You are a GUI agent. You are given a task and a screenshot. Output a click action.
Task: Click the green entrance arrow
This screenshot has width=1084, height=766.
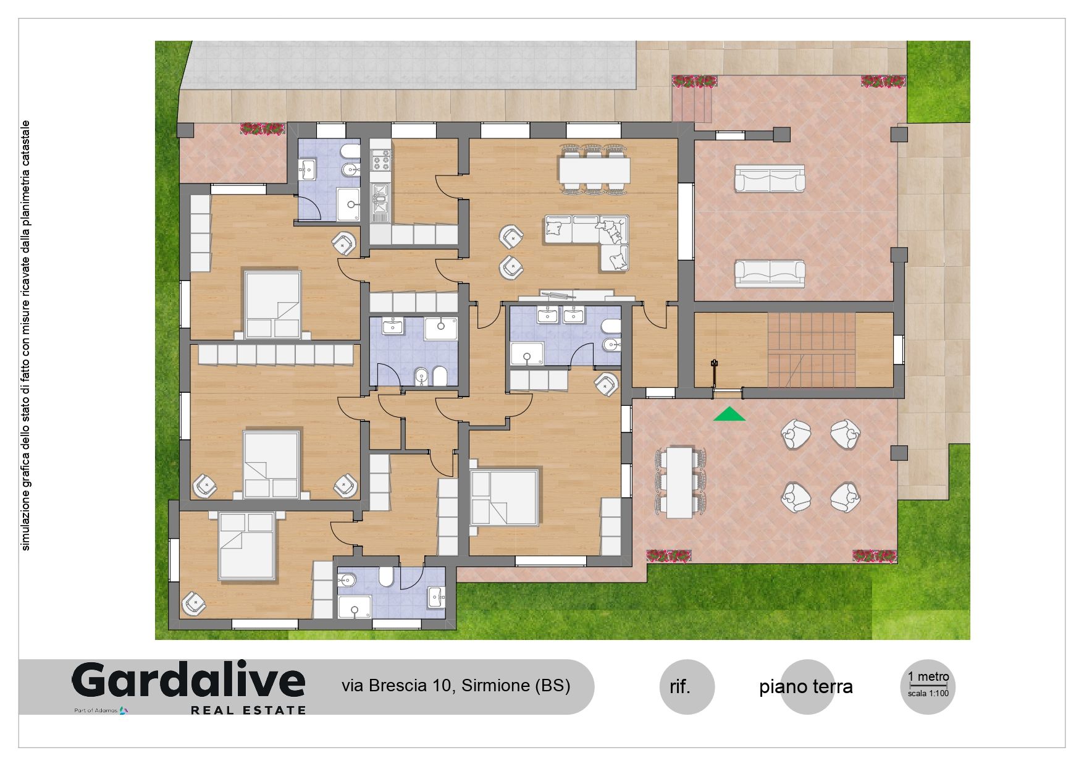tap(729, 415)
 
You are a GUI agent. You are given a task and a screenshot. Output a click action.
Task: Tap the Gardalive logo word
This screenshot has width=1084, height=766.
tap(189, 681)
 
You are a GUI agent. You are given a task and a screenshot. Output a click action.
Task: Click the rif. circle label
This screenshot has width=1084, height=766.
tap(680, 687)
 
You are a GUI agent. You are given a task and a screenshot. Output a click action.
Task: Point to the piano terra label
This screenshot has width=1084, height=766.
tap(806, 686)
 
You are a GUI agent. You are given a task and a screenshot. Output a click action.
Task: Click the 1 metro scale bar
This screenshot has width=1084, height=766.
tap(928, 684)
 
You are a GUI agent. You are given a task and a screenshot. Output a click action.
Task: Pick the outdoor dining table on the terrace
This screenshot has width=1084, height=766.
tap(679, 482)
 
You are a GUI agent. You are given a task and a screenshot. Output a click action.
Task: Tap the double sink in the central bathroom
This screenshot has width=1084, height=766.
tap(560, 315)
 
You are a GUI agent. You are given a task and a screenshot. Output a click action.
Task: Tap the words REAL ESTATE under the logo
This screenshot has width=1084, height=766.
tap(248, 710)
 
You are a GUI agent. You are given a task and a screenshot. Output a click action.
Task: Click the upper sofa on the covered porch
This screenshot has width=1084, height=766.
tap(769, 179)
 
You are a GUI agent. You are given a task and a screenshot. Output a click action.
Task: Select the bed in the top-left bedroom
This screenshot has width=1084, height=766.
tap(272, 304)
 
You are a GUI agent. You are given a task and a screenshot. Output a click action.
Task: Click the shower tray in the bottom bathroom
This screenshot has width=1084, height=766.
tap(354, 606)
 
